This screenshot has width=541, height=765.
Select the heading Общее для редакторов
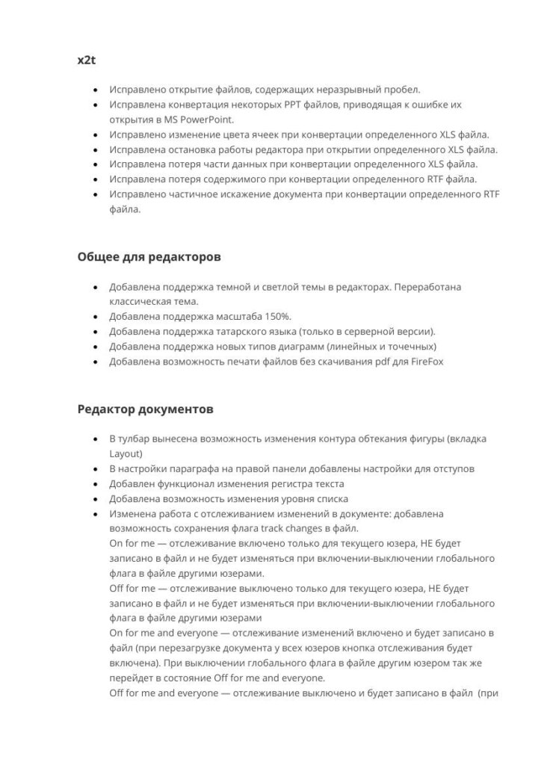tap(149, 256)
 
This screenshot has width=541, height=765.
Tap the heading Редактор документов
tap(146, 409)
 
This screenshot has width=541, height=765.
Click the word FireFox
tap(427, 361)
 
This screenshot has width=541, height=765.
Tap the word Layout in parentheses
tap(126, 453)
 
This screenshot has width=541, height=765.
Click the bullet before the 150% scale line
tap(94, 316)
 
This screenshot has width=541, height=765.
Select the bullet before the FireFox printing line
tap(94, 361)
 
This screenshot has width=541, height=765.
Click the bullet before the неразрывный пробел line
tap(94, 90)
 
